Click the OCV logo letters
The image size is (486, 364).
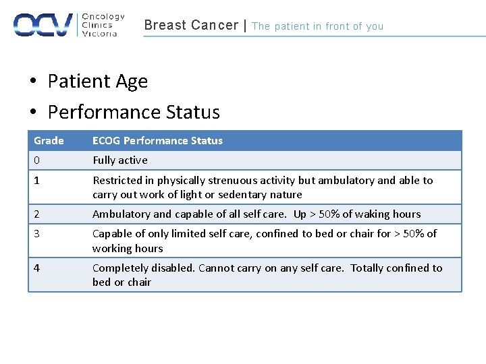click(43, 25)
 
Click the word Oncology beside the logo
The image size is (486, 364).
click(103, 17)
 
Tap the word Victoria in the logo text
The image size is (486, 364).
click(99, 33)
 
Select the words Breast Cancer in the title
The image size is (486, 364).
click(191, 26)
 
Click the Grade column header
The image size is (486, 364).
click(49, 141)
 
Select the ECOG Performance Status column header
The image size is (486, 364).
click(157, 141)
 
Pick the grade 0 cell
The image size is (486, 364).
click(37, 160)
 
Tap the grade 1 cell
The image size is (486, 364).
click(37, 181)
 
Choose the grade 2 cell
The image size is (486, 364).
click(37, 214)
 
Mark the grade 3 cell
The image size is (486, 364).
click(37, 234)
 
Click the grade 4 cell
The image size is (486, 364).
click(37, 268)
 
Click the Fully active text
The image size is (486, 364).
click(119, 160)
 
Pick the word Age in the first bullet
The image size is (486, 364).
click(132, 82)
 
